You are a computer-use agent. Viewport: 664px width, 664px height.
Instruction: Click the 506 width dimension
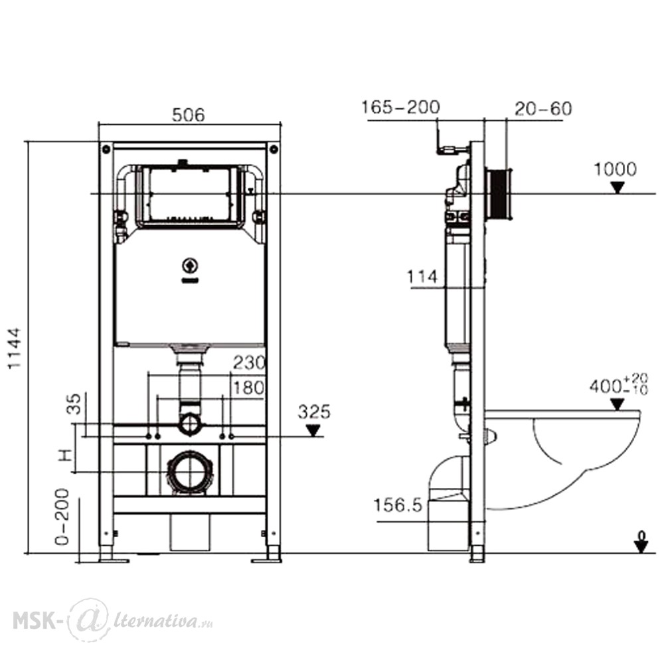(189, 115)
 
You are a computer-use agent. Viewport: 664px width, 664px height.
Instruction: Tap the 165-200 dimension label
(400, 107)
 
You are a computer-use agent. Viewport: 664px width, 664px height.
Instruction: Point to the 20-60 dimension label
(543, 108)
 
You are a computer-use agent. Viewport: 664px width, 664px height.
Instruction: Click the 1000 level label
(616, 169)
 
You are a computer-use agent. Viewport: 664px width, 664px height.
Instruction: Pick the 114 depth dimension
(422, 277)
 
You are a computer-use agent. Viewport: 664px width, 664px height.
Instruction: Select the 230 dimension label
(249, 363)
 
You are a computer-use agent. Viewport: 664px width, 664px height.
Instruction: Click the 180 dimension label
(249, 388)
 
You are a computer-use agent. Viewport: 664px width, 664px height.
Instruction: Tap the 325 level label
(314, 412)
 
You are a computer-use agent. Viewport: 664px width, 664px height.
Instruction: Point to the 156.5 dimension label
(398, 505)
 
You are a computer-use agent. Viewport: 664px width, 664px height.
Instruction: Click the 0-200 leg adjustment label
(62, 517)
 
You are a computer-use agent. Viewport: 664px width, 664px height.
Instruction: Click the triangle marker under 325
(313, 431)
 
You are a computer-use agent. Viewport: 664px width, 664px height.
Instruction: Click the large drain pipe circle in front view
(190, 472)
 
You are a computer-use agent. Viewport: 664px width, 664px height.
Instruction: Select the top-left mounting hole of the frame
(106, 149)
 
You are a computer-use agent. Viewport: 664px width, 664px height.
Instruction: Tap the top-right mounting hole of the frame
(274, 149)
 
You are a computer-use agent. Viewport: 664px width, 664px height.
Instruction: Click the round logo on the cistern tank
(190, 266)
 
